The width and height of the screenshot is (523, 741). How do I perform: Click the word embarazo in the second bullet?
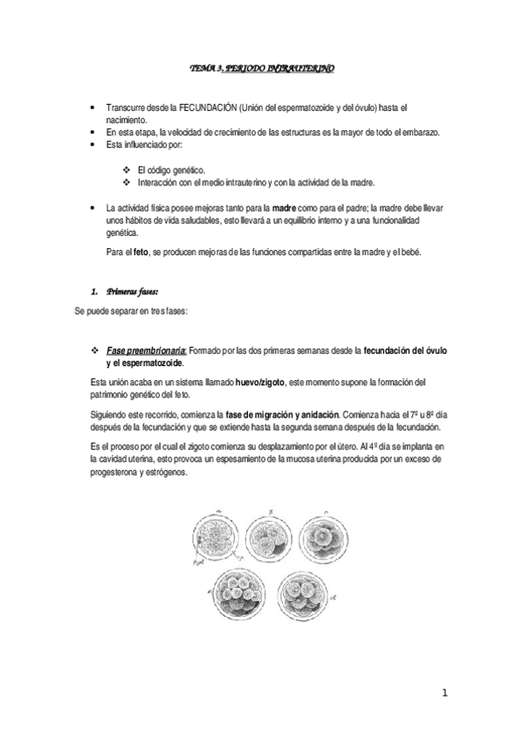coord(420,132)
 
